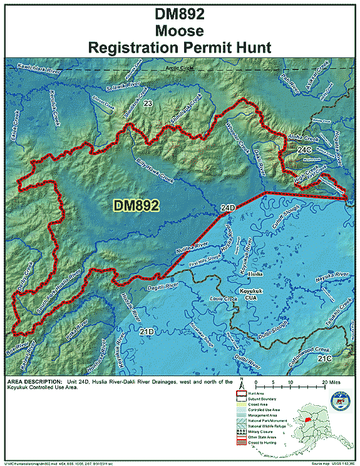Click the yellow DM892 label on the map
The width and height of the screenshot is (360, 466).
pos(136,205)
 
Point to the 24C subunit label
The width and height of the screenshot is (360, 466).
pos(304,150)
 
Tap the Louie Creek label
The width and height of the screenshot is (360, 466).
pos(224,299)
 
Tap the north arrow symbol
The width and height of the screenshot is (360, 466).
pos(240,383)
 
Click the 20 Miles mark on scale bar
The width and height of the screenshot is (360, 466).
pos(329,381)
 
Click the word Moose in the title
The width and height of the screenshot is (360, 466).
pos(180,29)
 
